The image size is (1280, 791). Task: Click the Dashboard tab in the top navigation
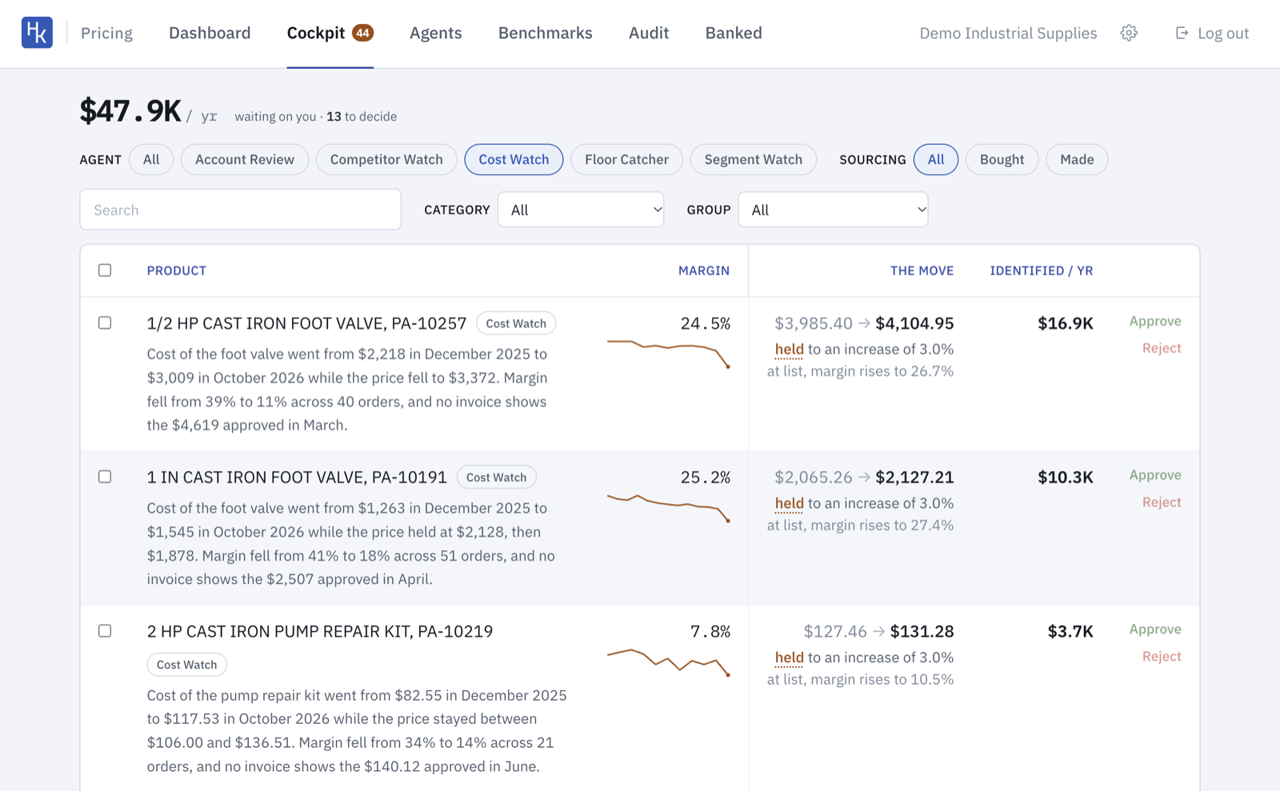[210, 33]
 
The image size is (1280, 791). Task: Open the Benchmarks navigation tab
[545, 33]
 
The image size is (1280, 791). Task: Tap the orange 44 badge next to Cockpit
[363, 33]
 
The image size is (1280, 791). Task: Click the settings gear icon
[1129, 33]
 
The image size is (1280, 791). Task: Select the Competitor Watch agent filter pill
[386, 159]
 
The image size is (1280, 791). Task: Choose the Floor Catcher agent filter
[626, 159]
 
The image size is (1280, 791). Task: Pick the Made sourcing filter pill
[1077, 159]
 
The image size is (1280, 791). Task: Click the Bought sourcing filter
[1002, 159]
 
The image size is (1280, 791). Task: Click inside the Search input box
[241, 210]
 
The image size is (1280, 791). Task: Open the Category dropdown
[581, 210]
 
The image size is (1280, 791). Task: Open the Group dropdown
[833, 210]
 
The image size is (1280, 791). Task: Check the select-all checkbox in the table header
[105, 270]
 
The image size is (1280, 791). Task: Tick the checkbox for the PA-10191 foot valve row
[105, 477]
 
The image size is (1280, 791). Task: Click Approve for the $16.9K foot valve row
[1155, 322]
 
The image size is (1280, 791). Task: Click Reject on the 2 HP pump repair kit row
[1162, 656]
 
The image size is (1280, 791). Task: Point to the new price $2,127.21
[914, 477]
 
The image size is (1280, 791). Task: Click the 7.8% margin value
[710, 631]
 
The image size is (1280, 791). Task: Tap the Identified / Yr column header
[1041, 270]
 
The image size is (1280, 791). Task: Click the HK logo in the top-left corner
[37, 33]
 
